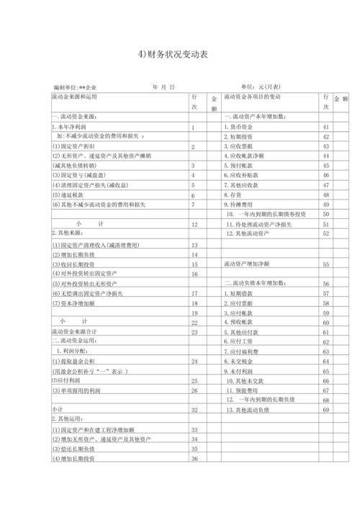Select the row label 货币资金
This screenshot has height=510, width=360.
[244, 127]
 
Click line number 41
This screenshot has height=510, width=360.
[326, 127]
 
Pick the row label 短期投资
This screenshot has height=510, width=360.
[244, 136]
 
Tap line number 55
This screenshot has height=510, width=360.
[326, 264]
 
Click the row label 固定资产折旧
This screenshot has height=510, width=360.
[76, 146]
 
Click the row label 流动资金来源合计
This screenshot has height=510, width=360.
[80, 332]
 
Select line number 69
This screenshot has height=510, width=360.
[326, 410]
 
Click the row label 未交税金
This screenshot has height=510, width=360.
[244, 361]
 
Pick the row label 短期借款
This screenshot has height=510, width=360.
[244, 293]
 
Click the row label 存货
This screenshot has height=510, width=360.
[237, 195]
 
